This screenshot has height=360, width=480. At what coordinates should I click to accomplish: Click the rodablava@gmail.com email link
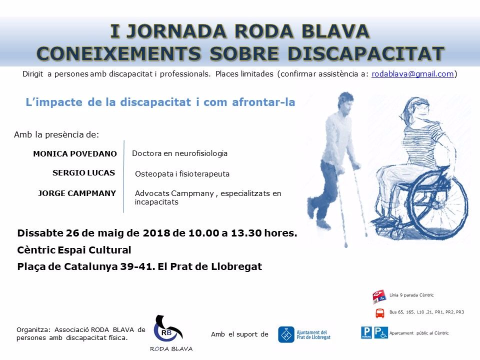412,74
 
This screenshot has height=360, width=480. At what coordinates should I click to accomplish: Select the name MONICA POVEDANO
75,153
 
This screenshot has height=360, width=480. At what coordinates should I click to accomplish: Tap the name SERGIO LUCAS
83,173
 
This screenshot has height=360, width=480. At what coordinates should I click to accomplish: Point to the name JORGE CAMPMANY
77,193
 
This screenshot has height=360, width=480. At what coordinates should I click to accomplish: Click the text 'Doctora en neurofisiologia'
179,153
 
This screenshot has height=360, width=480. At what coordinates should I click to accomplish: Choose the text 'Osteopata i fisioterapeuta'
182,174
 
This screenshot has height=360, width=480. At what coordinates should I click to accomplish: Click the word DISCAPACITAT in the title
366,53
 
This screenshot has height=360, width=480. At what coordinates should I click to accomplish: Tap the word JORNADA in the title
176,31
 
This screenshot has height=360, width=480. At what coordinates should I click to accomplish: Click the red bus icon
380,313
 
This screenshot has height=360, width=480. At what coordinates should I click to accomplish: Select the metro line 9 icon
379,296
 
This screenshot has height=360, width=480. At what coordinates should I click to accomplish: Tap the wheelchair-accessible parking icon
381,333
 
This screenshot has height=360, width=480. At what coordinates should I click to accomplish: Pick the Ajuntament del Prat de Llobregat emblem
286,334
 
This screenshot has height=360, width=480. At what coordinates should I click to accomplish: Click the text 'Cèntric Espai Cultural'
74,250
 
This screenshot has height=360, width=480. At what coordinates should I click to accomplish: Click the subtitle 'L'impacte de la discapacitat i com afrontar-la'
160,102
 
